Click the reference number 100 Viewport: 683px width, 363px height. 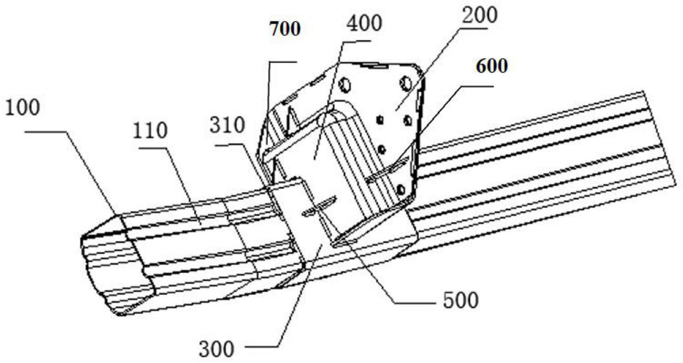[x=22, y=108]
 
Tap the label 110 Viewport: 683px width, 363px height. [x=150, y=130]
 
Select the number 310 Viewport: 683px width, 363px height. [x=227, y=126]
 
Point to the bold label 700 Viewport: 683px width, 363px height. [x=285, y=29]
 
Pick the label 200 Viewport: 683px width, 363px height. [x=479, y=16]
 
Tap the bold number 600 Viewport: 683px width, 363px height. [x=492, y=66]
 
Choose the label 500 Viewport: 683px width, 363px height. [x=461, y=300]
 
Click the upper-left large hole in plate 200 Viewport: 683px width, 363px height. [x=346, y=84]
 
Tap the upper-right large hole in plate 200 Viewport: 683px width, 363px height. [x=406, y=82]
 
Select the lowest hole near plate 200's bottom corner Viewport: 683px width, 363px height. [x=401, y=189]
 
